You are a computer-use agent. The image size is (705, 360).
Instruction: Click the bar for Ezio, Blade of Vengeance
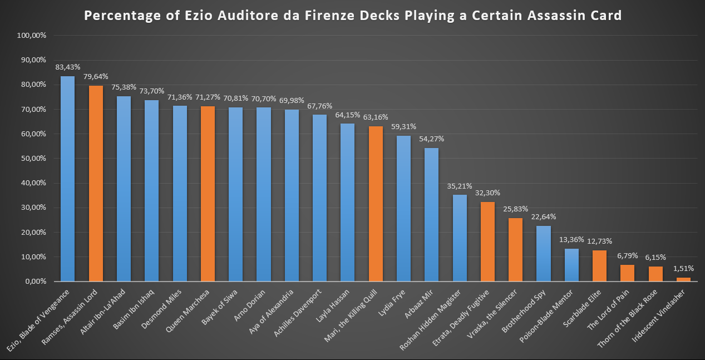pos(67,179)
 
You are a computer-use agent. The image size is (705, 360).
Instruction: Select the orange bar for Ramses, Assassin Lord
pos(96,183)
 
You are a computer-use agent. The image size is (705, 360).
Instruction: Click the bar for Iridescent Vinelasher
pos(683,279)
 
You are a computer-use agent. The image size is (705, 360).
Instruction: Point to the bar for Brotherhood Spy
pos(543,253)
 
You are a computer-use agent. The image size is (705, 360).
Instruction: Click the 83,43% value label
pos(67,67)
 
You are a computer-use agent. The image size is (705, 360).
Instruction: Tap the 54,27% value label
pos(432,139)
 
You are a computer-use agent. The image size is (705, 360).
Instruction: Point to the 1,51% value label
pos(683,268)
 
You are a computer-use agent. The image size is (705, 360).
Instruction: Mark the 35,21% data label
pos(459,185)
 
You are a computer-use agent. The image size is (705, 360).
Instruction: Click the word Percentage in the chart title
pos(117,16)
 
